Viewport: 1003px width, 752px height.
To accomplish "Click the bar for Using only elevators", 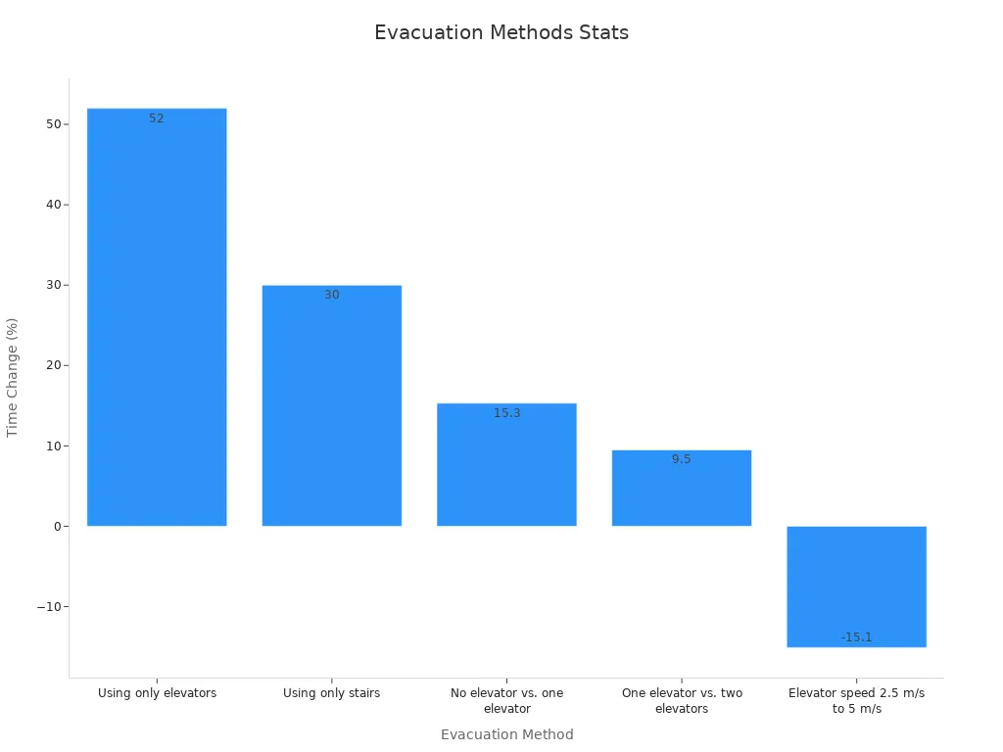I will pos(157,323).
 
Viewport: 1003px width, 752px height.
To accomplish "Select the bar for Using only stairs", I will pos(331,411).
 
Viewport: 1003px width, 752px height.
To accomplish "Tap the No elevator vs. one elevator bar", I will pos(506,470).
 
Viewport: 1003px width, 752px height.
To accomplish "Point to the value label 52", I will pos(157,118).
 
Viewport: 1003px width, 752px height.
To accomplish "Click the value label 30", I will pos(332,295).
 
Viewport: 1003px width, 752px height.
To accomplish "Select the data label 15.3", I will pos(507,413).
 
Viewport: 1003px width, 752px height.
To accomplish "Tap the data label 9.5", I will pos(682,459).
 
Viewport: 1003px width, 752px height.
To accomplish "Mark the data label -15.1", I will pos(856,637).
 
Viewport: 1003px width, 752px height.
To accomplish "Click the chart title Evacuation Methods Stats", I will pos(501,32).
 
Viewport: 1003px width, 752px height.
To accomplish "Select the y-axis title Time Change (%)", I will pos(13,377).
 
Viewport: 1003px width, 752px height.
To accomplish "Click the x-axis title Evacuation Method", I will pos(506,734).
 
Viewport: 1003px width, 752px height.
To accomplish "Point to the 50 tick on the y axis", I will pos(52,124).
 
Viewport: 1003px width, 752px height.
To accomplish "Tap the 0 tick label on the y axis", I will pos(57,527).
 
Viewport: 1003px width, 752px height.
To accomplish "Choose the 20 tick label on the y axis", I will pos(52,365).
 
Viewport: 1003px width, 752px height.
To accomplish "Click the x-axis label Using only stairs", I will pos(331,693).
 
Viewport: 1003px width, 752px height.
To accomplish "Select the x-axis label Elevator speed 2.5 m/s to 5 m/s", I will pos(856,700).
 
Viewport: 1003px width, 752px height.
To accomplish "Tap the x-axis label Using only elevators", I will pos(157,693).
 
